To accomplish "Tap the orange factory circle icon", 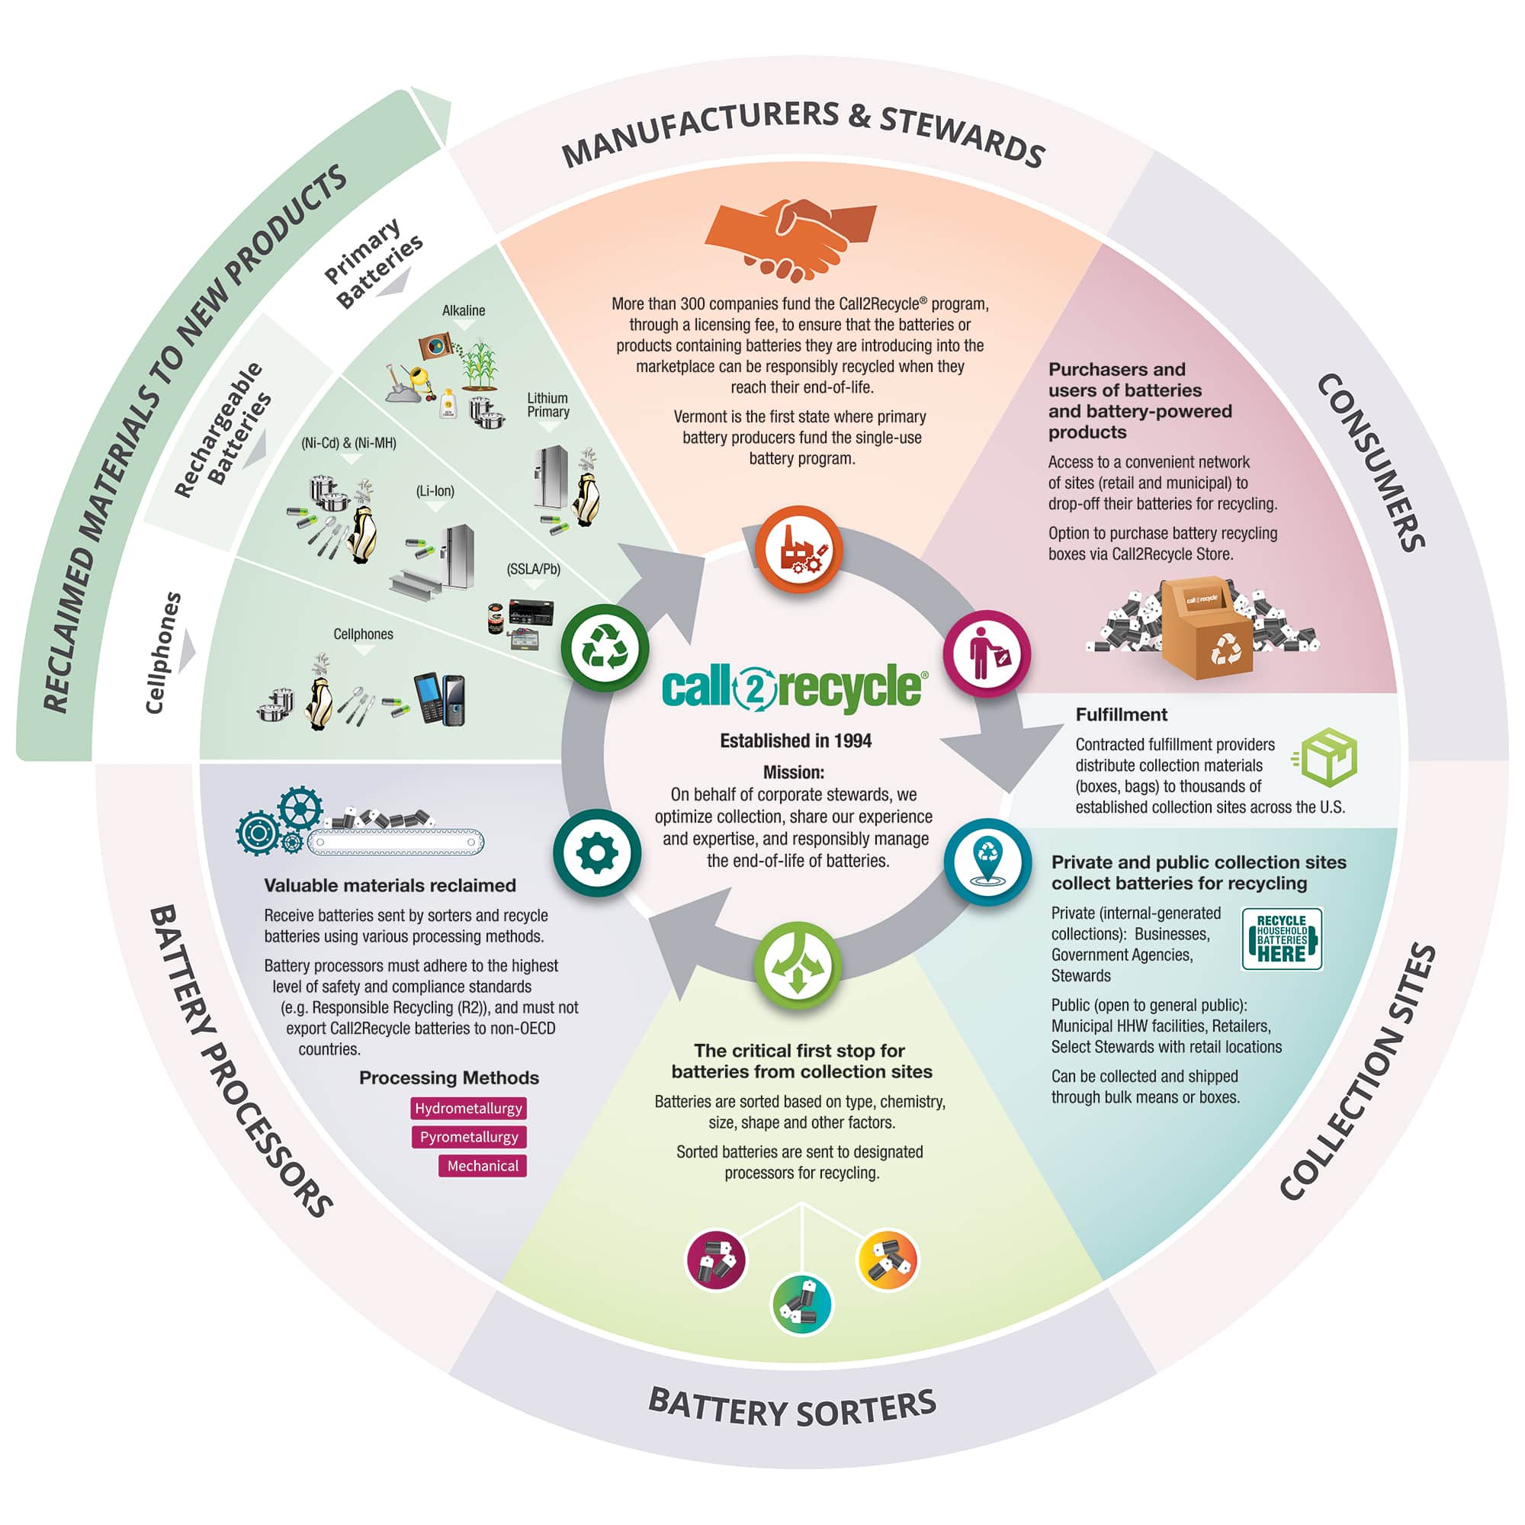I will pyautogui.click(x=798, y=549).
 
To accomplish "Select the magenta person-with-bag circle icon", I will pyautogui.click(x=987, y=653).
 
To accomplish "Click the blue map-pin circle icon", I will pyautogui.click(x=987, y=862).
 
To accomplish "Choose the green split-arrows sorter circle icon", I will pyautogui.click(x=798, y=965).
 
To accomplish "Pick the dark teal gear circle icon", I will pyautogui.click(x=598, y=852).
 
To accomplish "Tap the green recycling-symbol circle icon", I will pyautogui.click(x=605, y=647).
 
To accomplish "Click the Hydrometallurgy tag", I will pyautogui.click(x=468, y=1108).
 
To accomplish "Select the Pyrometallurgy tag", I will pyautogui.click(x=469, y=1137).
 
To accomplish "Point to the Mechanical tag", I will pyautogui.click(x=483, y=1166).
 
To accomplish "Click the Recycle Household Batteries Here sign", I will pyautogui.click(x=1281, y=939).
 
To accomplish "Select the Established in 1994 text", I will pyautogui.click(x=795, y=740).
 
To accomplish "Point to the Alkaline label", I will pyautogui.click(x=464, y=310).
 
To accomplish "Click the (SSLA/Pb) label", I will pyautogui.click(x=534, y=569).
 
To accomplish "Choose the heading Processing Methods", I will pyautogui.click(x=448, y=1077).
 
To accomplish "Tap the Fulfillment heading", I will pyautogui.click(x=1121, y=714).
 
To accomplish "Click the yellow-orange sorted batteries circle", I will pyautogui.click(x=888, y=1260).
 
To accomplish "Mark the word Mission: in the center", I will pyautogui.click(x=793, y=772).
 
